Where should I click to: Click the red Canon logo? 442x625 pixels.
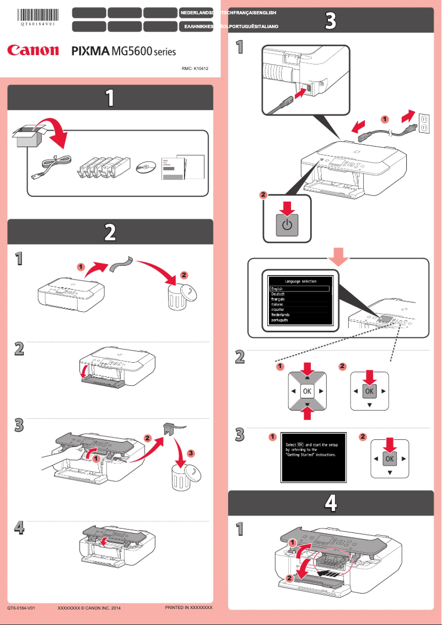point(33,51)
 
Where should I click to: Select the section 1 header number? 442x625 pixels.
point(110,98)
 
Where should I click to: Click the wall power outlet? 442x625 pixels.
point(424,122)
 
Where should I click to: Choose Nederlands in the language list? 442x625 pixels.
point(281,315)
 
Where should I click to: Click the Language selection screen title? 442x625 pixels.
point(300,281)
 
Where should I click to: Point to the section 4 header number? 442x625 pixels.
point(330,502)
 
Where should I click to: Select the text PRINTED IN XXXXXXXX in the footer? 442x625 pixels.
point(188,607)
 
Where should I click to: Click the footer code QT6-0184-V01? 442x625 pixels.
point(21,608)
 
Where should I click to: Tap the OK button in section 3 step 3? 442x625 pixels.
point(390,459)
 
